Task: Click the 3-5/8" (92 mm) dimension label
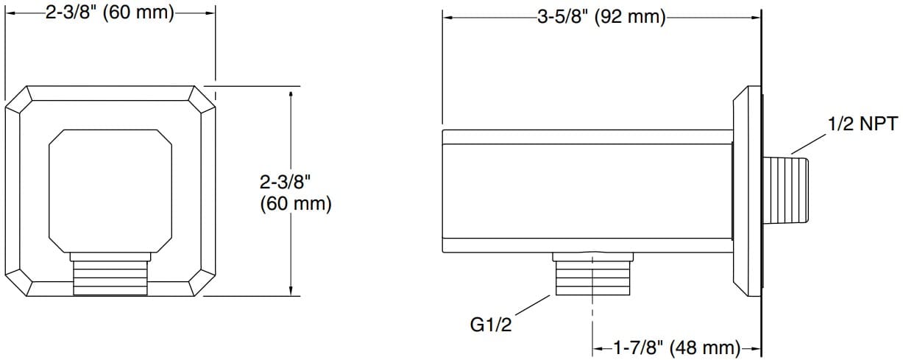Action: pyautogui.click(x=601, y=18)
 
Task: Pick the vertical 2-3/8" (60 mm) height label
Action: pyautogui.click(x=296, y=191)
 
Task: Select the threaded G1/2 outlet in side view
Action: pyautogui.click(x=592, y=278)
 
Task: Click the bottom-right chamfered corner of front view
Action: pyautogui.click(x=203, y=285)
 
